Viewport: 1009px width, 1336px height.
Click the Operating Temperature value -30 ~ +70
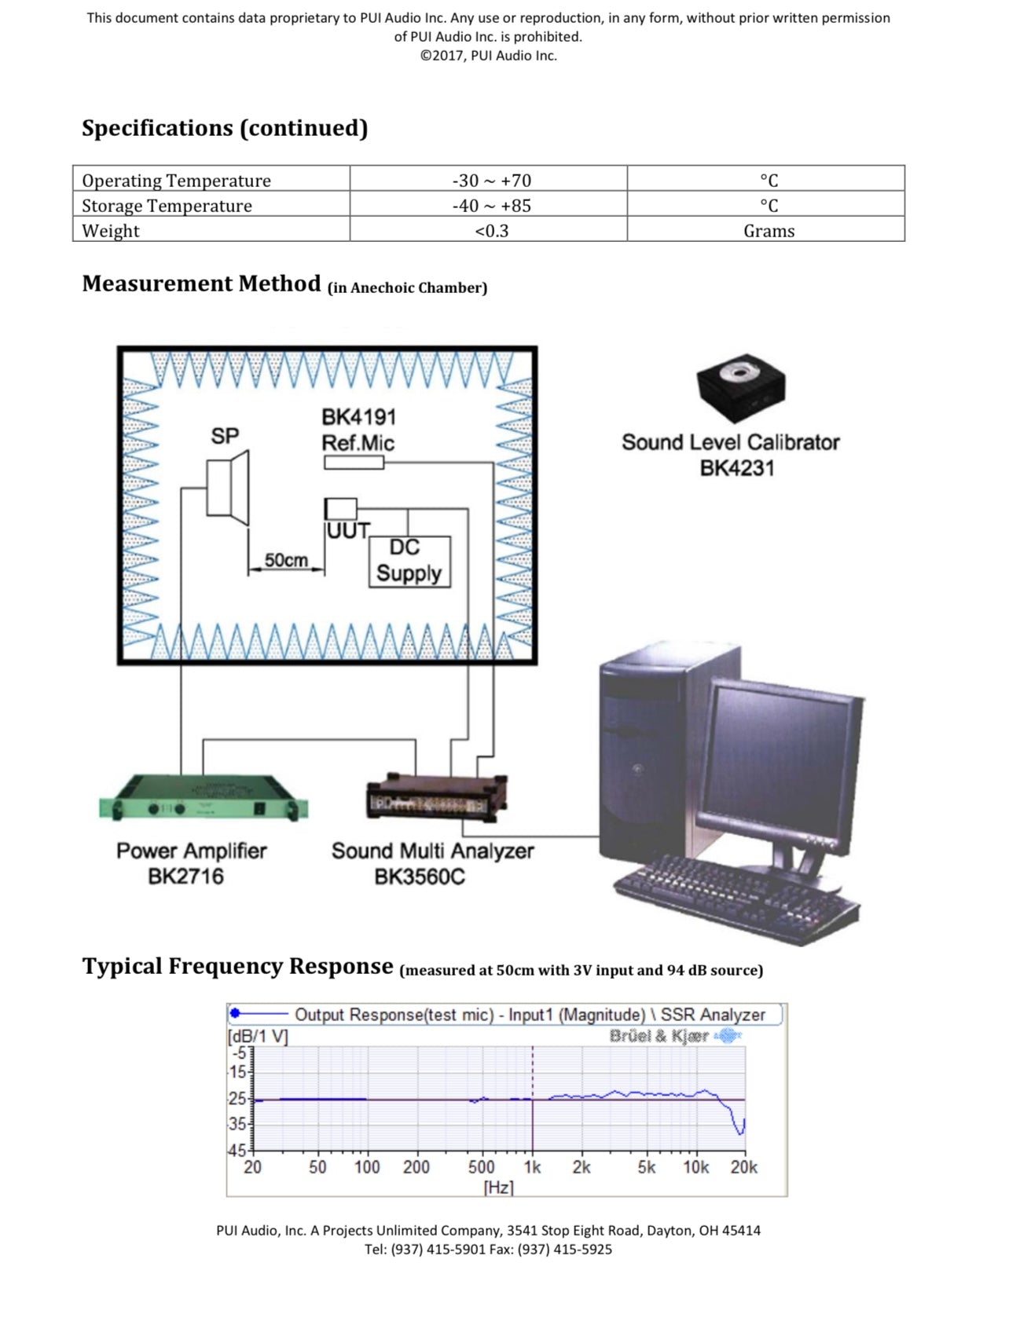pyautogui.click(x=492, y=181)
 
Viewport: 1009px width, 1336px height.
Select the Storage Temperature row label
pyautogui.click(x=167, y=206)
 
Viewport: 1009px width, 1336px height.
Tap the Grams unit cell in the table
pyautogui.click(x=769, y=231)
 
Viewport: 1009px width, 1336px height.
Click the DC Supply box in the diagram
pyautogui.click(x=409, y=562)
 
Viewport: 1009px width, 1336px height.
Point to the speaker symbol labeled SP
pyautogui.click(x=228, y=488)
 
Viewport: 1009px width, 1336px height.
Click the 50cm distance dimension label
pyautogui.click(x=286, y=560)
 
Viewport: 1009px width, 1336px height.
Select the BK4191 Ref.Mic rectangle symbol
pyautogui.click(x=354, y=463)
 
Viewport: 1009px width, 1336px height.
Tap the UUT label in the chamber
pyautogui.click(x=348, y=531)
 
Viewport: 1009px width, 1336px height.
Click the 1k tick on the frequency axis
pyautogui.click(x=533, y=1167)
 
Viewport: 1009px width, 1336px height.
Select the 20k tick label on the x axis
pyautogui.click(x=743, y=1167)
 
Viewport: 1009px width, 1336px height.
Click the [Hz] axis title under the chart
pyautogui.click(x=498, y=1187)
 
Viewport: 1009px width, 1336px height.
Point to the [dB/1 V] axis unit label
pyautogui.click(x=258, y=1037)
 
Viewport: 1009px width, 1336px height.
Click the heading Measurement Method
pyautogui.click(x=202, y=284)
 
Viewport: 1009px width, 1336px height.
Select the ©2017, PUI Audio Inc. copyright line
pyautogui.click(x=489, y=56)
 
